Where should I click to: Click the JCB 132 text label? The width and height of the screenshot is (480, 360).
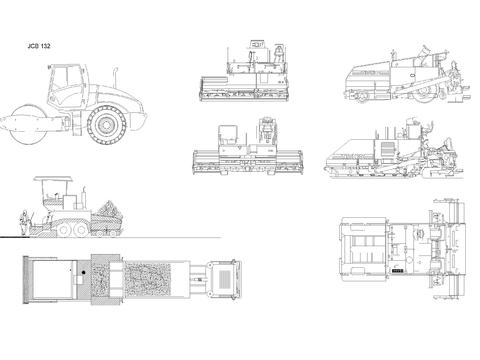click(39, 46)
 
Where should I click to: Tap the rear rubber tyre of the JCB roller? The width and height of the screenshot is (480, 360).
click(107, 125)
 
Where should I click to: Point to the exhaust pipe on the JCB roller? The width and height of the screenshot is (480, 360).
click(115, 78)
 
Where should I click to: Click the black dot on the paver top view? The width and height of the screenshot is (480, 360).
click(83, 272)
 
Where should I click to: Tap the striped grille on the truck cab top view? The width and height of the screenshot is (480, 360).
click(225, 279)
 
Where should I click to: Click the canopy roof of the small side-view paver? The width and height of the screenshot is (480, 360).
click(53, 179)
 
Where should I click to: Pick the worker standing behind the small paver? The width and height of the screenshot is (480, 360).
click(23, 222)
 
